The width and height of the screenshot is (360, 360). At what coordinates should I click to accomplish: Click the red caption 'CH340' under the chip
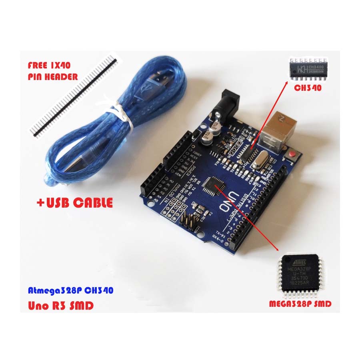point(308,88)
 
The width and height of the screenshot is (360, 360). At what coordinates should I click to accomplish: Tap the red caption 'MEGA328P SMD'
point(300,304)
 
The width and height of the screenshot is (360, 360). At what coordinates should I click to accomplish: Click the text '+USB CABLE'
point(74,203)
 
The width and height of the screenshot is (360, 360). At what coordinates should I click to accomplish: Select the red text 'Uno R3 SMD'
point(60,306)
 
